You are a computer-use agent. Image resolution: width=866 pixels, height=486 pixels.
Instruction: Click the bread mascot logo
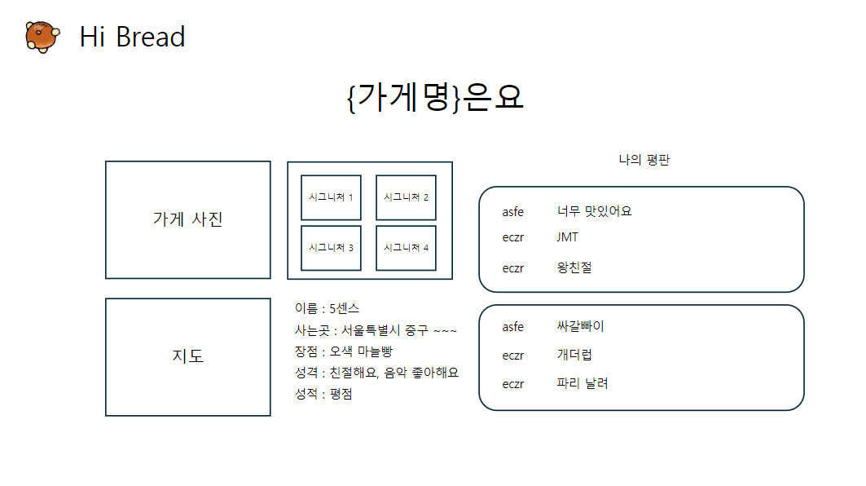click(41, 37)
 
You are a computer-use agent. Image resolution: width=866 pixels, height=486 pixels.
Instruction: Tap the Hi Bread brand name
click(132, 37)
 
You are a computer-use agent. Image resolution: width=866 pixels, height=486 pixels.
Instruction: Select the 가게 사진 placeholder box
click(187, 219)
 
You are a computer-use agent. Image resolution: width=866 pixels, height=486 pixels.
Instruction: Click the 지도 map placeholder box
click(187, 356)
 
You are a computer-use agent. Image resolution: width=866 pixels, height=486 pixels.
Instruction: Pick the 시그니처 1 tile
click(331, 197)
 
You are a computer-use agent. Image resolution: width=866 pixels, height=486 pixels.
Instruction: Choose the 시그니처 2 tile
click(406, 197)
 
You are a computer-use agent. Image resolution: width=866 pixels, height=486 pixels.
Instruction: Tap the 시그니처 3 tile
click(331, 248)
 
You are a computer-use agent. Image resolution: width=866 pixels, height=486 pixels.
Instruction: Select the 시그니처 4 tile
click(406, 248)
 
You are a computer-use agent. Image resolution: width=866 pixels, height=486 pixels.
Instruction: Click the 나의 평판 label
click(644, 161)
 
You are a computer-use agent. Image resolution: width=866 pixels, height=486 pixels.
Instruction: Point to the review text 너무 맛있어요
click(594, 211)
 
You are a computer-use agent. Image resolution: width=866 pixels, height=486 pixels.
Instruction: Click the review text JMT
click(568, 237)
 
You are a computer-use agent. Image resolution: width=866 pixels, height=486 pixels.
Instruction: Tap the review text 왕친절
click(574, 267)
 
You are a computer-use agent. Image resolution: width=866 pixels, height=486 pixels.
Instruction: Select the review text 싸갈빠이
click(580, 327)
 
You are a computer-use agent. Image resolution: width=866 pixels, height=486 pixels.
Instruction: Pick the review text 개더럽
click(574, 356)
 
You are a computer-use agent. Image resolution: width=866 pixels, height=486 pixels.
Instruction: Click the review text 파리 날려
click(582, 383)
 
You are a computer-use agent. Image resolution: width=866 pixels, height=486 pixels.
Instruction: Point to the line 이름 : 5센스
click(327, 308)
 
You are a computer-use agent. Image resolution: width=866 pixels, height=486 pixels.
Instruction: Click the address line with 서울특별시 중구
click(376, 330)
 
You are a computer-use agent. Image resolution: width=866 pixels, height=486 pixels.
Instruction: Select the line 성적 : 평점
click(323, 394)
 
